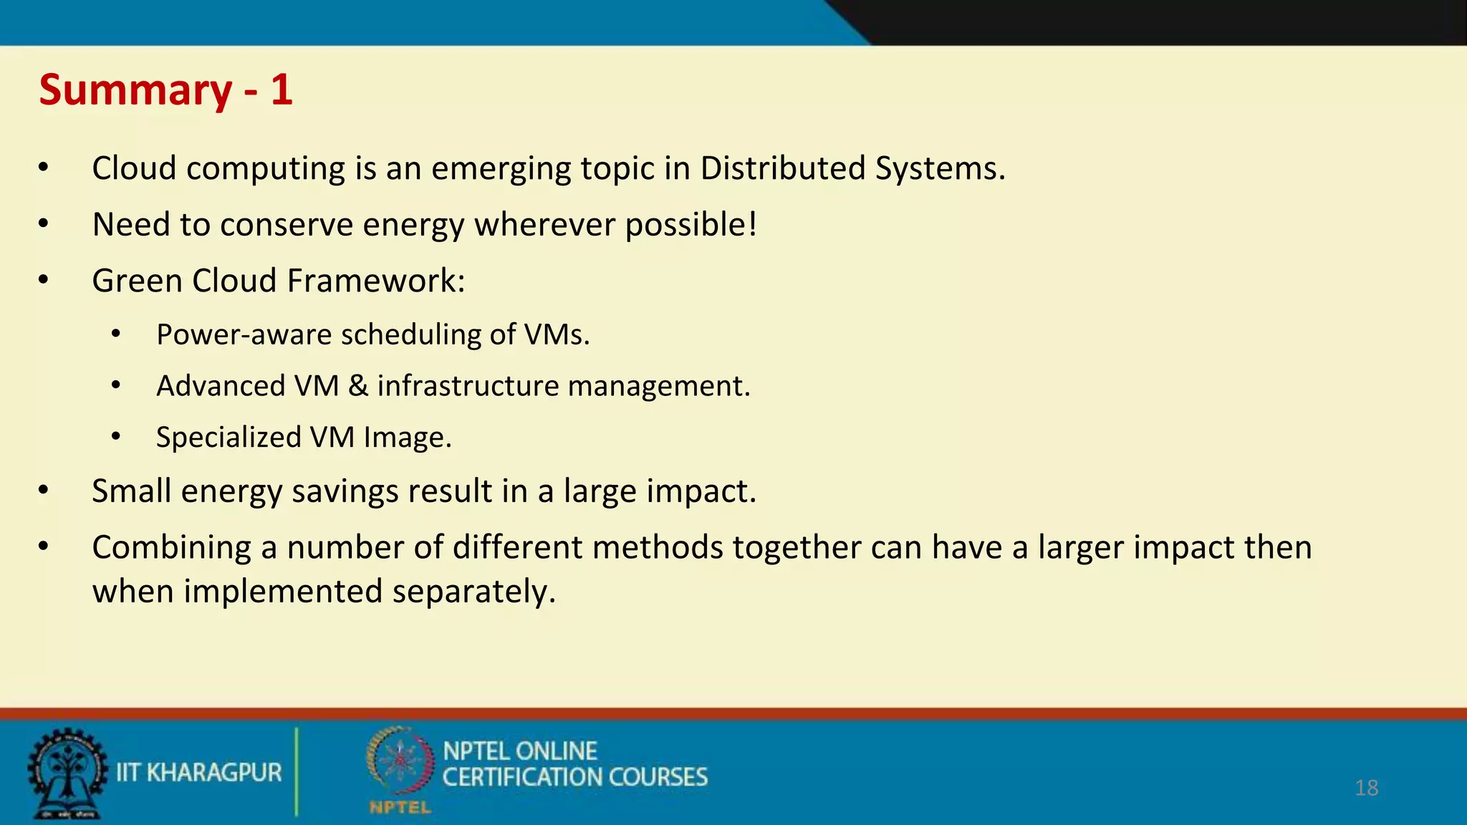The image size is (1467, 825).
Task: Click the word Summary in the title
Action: [135, 91]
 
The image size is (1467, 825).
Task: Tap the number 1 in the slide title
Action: [282, 90]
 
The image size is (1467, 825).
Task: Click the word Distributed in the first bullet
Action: [782, 168]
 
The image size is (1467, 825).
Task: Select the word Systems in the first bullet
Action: [939, 168]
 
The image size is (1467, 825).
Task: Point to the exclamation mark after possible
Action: [752, 224]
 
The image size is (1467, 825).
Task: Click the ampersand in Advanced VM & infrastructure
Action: [358, 386]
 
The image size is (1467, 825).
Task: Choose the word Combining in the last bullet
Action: [171, 547]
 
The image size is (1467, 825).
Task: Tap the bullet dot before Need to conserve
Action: [44, 224]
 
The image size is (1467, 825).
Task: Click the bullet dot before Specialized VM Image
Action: [116, 436]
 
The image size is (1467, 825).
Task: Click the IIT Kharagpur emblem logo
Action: [67, 773]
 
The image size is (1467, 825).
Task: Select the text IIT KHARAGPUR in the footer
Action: [199, 773]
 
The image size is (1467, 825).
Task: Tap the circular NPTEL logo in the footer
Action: [400, 762]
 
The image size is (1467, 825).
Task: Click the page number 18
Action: [1366, 788]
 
